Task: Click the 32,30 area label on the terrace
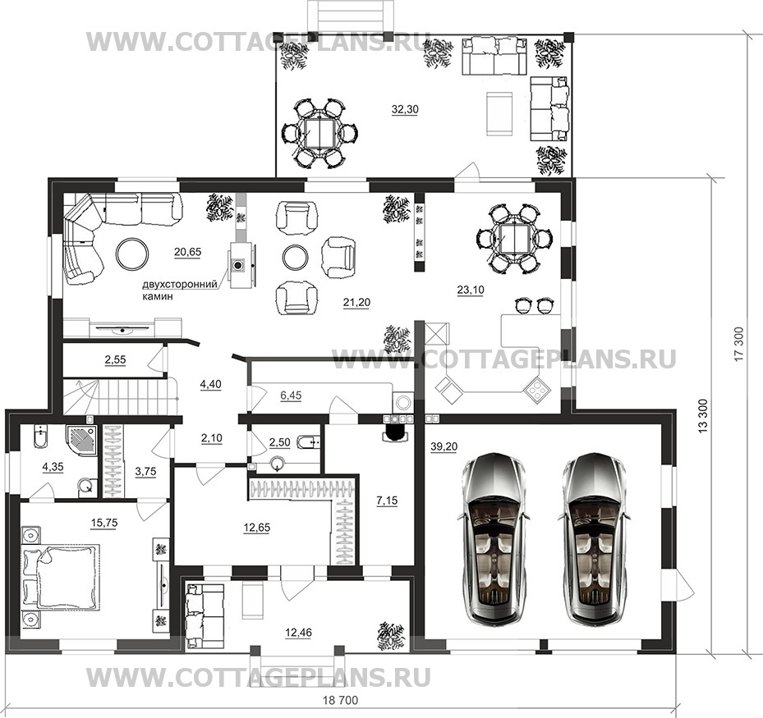[405, 110]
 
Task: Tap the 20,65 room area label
[187, 252]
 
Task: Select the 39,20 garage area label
[444, 446]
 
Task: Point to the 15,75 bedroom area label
[104, 523]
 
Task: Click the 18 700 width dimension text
[340, 700]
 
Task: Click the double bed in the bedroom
[59, 577]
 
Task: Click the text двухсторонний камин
[179, 290]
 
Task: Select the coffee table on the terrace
[499, 115]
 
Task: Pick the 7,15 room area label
[387, 501]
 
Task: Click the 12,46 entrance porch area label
[299, 633]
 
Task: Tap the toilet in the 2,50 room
[307, 441]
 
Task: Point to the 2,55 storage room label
[115, 359]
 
